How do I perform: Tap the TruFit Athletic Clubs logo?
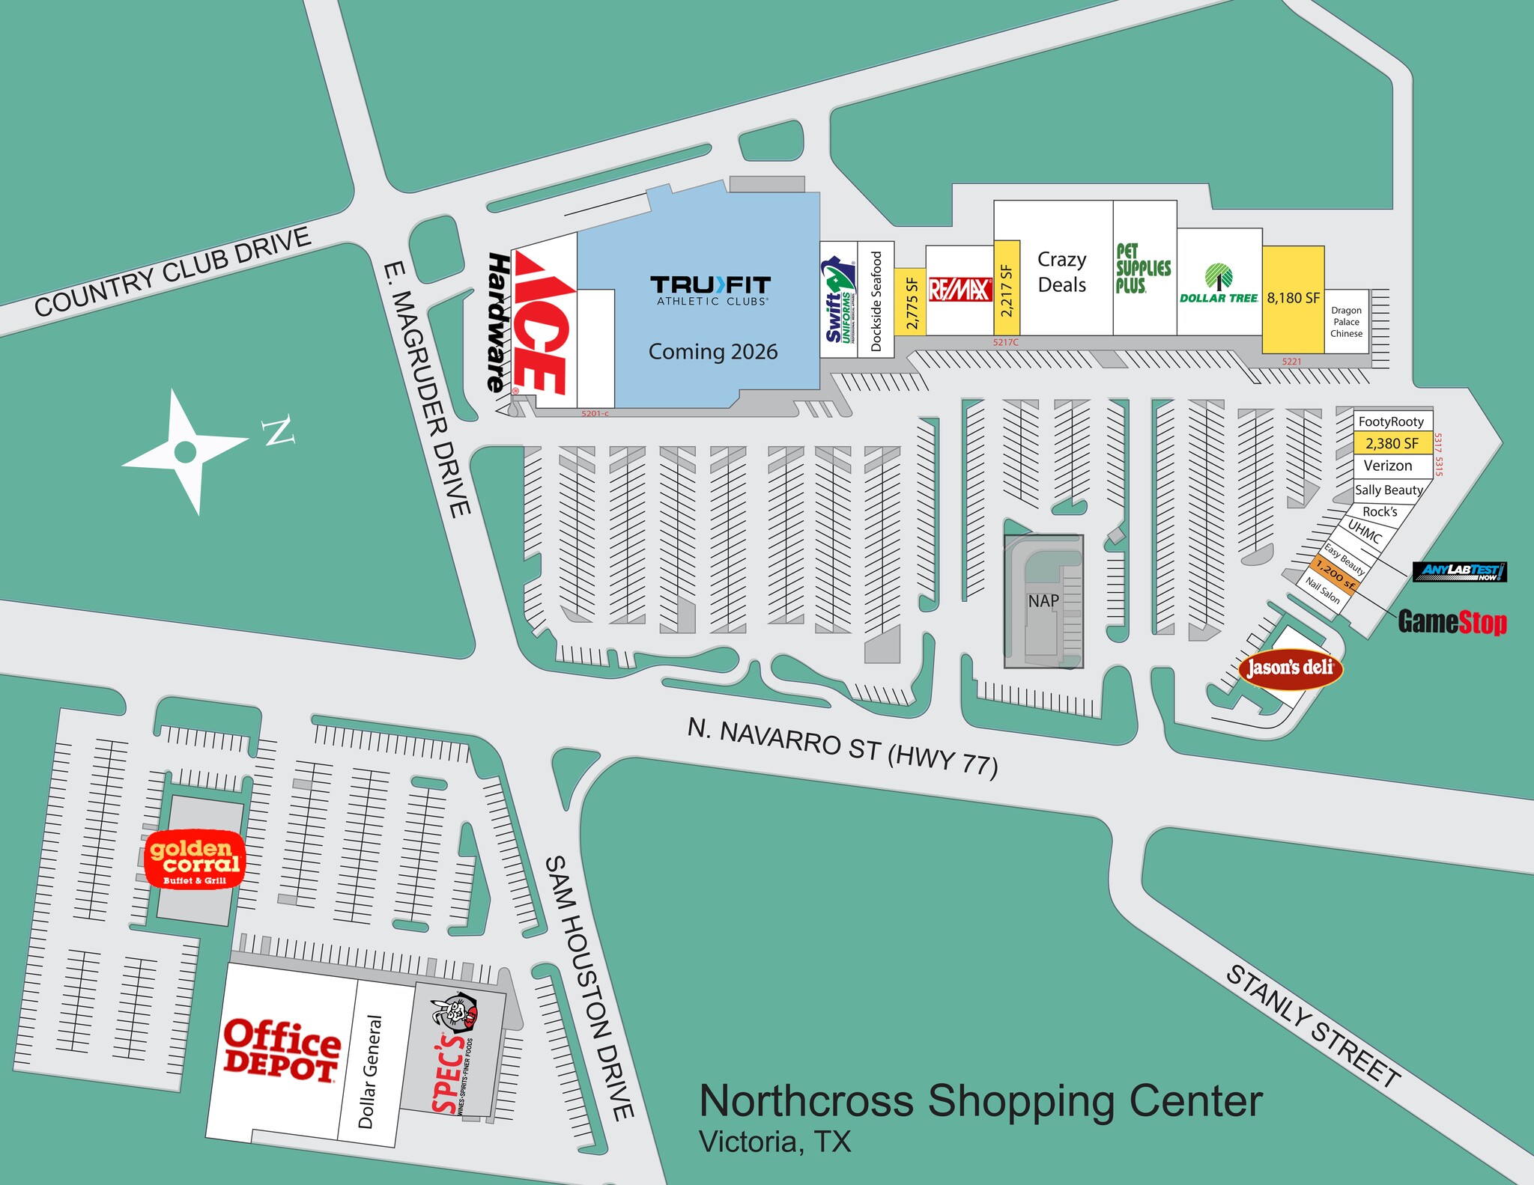click(x=710, y=290)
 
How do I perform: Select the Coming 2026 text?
click(x=712, y=352)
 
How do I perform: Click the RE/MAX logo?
click(x=960, y=290)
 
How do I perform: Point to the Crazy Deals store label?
click(x=1061, y=272)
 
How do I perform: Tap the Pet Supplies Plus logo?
click(x=1143, y=268)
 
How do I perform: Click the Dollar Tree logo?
click(x=1219, y=284)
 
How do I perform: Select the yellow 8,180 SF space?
click(x=1294, y=299)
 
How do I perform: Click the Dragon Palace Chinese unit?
click(x=1346, y=322)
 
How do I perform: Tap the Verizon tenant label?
click(x=1388, y=466)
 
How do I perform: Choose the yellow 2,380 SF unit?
click(x=1392, y=443)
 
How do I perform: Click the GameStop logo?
click(x=1452, y=622)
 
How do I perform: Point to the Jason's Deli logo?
click(x=1290, y=667)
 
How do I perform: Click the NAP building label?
click(x=1043, y=601)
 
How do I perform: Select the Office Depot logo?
click(x=282, y=1050)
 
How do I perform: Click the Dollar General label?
click(x=371, y=1071)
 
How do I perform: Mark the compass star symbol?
click(x=185, y=451)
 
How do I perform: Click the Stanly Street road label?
click(x=1312, y=1026)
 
